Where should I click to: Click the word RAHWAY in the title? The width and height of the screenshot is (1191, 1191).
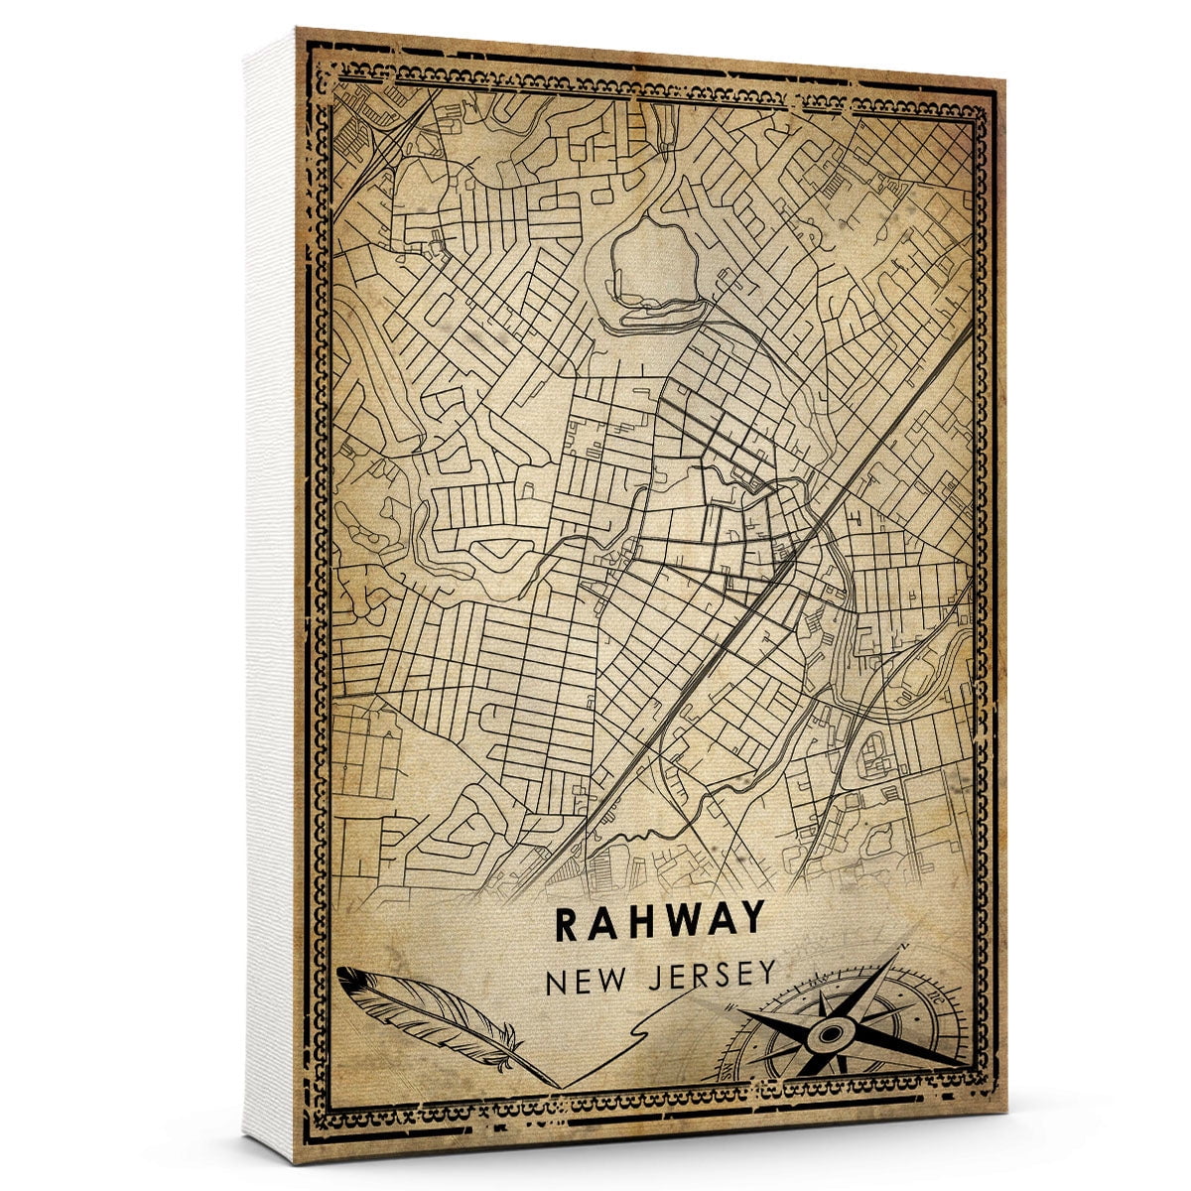tap(660, 921)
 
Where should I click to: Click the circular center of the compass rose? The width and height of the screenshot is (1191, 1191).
tap(827, 1038)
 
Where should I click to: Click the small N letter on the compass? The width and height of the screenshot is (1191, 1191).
tap(902, 950)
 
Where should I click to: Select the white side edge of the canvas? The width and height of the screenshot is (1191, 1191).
tap(270, 595)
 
